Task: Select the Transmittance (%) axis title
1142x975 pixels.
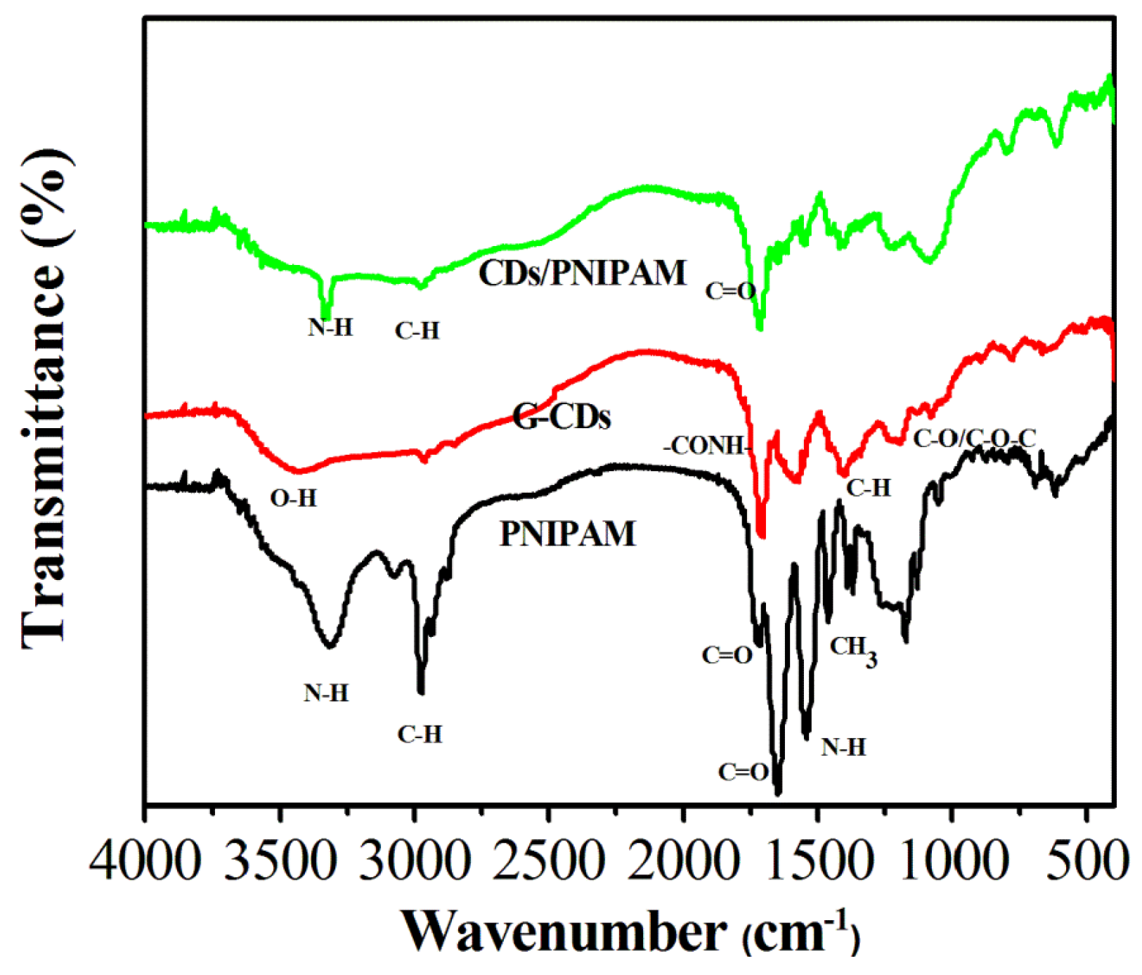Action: point(46,397)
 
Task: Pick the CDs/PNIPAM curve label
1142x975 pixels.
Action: point(582,273)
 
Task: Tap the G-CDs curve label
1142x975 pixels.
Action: point(562,417)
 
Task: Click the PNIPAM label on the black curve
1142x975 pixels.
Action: point(567,534)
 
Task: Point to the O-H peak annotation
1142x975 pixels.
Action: point(294,498)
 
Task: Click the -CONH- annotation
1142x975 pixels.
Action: point(708,446)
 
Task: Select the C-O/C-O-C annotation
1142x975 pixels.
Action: point(974,439)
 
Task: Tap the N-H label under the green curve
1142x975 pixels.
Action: point(330,328)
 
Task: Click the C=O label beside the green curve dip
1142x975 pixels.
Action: point(730,291)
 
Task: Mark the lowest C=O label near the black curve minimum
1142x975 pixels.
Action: point(744,772)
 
